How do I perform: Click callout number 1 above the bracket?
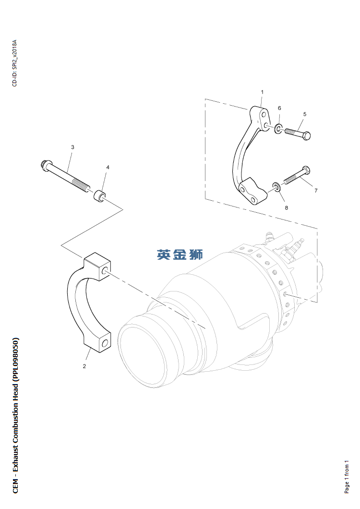pyautogui.click(x=262, y=92)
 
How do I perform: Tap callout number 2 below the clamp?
pyautogui.click(x=84, y=366)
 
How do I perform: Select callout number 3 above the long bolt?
pyautogui.click(x=72, y=147)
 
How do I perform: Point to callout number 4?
pyautogui.click(x=108, y=168)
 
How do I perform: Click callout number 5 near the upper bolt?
pyautogui.click(x=305, y=114)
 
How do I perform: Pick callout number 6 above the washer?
pyautogui.click(x=279, y=108)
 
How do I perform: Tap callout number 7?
pyautogui.click(x=316, y=191)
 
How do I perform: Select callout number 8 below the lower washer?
pyautogui.click(x=286, y=208)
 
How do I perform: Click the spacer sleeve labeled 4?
pyautogui.click(x=100, y=196)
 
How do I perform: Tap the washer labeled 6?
pyautogui.click(x=279, y=128)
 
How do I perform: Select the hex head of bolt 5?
pyautogui.click(x=306, y=135)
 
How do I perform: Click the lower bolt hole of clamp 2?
pyautogui.click(x=104, y=344)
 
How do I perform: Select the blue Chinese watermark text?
pyautogui.click(x=180, y=254)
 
